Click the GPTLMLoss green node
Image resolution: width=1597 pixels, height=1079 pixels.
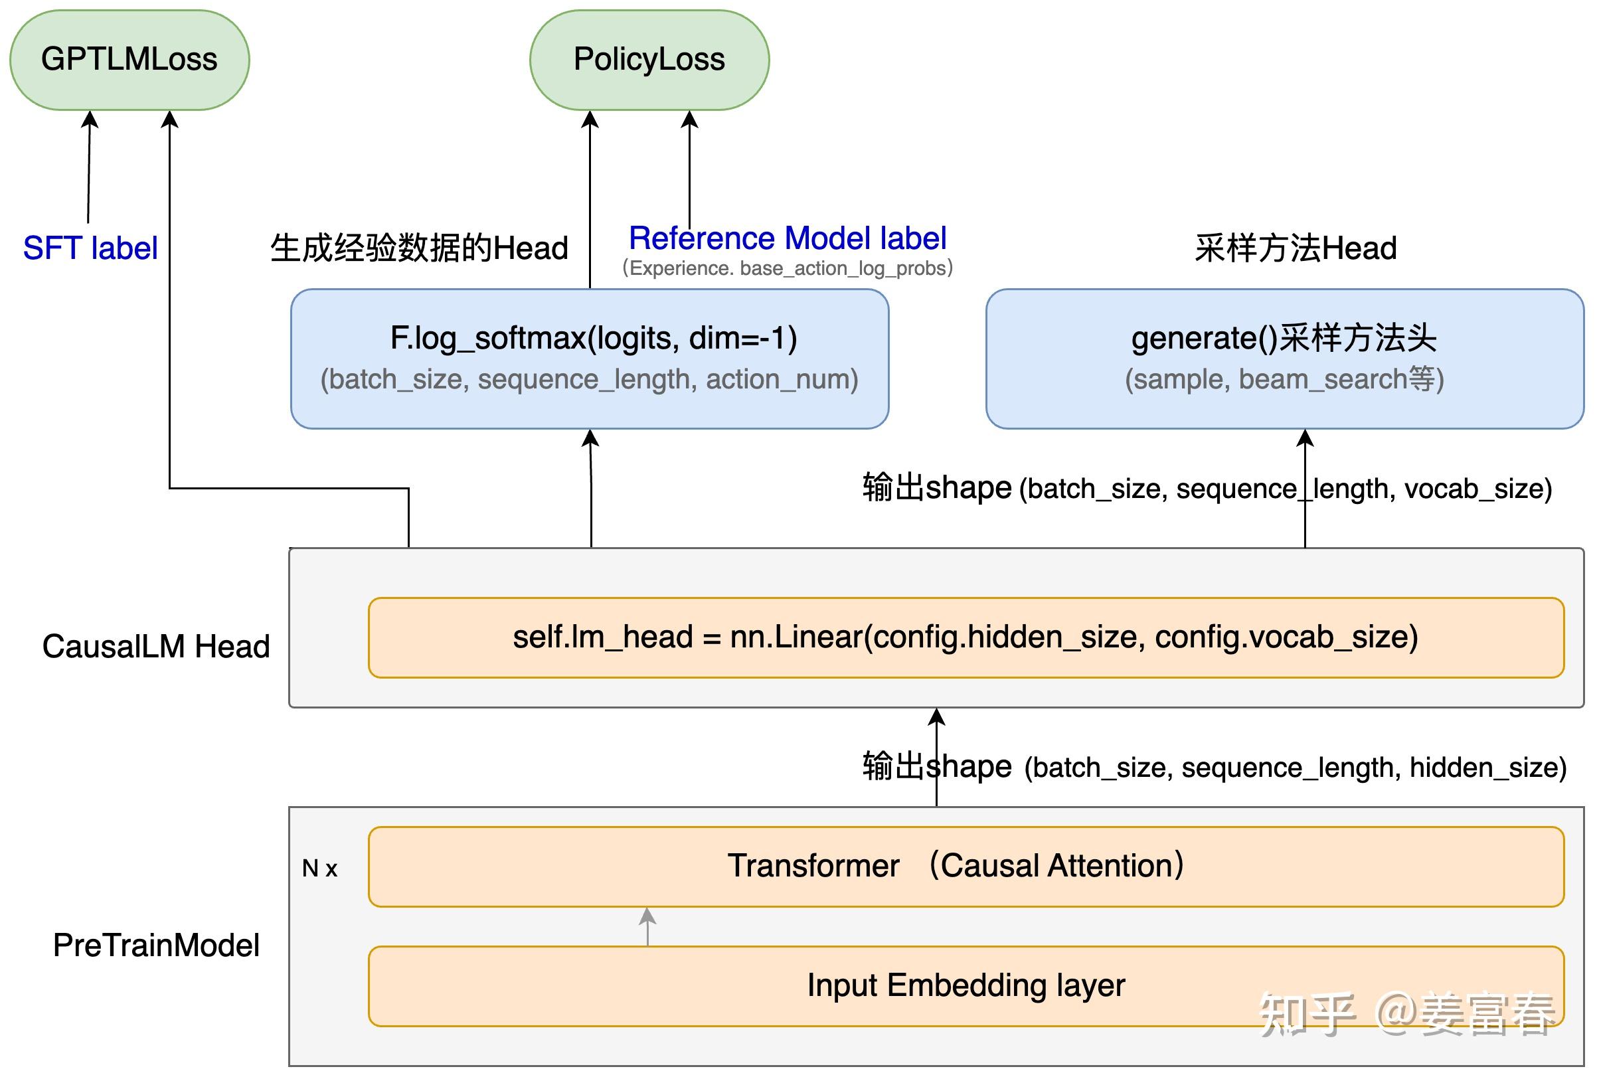pos(129,60)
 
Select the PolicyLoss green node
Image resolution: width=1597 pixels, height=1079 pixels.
pos(649,60)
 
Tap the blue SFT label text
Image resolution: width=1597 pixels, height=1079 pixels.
pos(90,248)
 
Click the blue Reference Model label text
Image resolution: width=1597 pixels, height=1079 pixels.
pos(788,238)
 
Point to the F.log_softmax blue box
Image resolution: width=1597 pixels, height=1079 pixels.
pos(590,358)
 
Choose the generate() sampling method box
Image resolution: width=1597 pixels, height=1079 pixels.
pos(1284,358)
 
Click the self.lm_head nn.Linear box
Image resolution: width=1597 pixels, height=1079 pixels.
pos(966,637)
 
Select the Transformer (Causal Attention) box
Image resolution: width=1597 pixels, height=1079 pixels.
pos(966,866)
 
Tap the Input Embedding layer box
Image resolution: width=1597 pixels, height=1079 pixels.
pos(966,985)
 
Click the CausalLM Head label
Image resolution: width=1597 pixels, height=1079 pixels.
pos(156,647)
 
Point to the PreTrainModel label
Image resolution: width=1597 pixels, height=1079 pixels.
pos(156,946)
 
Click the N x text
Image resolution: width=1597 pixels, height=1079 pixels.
pos(319,869)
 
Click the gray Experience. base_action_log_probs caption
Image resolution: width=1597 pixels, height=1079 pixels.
pos(788,268)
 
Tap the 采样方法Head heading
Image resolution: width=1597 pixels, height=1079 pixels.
pos(1296,248)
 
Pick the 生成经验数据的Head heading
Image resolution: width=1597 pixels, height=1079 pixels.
pos(419,248)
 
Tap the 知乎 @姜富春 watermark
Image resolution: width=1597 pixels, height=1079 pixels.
pos(1406,1013)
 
